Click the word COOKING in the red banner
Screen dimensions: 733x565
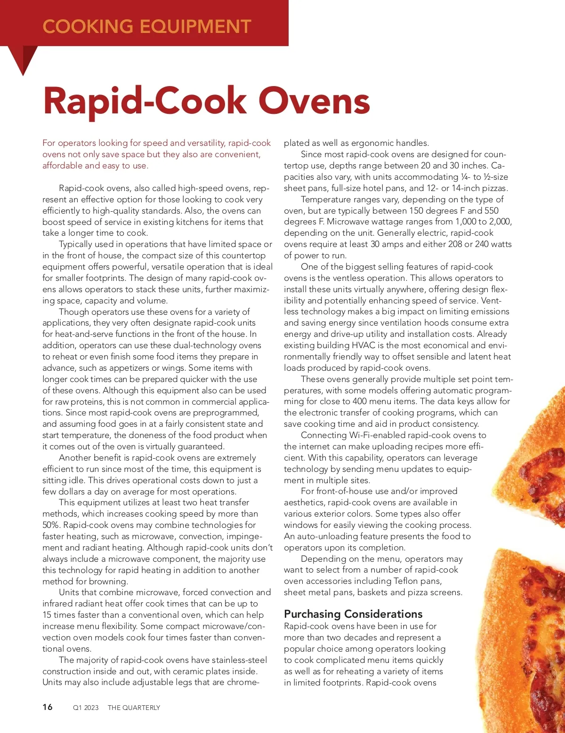88,26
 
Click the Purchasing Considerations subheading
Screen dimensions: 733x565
353,613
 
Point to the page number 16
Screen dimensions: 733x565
48,707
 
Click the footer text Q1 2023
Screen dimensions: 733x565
86,707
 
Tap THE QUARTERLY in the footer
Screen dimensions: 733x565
134,707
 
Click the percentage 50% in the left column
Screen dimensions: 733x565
51,525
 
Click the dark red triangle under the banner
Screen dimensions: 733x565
23,58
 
